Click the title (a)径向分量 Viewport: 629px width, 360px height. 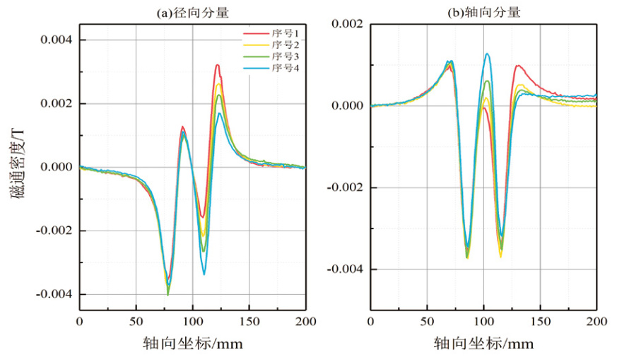[192, 12]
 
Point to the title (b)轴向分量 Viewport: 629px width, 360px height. [483, 12]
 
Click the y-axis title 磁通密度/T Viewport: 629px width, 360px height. [16, 167]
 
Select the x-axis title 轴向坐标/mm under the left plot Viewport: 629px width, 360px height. [192, 344]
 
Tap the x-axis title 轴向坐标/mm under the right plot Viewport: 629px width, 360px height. [483, 344]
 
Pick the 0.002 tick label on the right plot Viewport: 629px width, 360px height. [348, 24]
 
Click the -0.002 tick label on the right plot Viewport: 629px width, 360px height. [346, 187]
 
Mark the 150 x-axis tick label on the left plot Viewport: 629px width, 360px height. [249, 323]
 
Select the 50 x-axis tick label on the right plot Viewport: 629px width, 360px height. [427, 323]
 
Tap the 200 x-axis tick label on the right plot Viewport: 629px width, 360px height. [596, 323]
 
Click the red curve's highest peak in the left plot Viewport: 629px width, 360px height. [218, 65]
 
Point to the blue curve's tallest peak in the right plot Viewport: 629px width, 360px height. [487, 54]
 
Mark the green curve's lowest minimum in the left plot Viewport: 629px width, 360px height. [168, 294]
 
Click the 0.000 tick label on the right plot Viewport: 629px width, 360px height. [348, 106]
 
